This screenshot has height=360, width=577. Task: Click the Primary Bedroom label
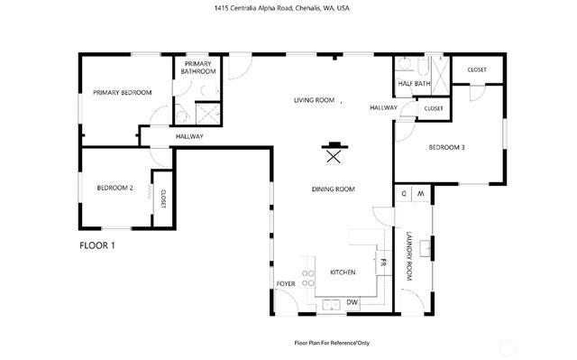121,92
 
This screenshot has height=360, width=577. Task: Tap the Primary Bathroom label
197,68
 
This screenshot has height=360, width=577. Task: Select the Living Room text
314,100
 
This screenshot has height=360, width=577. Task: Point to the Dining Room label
333,189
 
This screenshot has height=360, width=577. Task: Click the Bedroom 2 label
115,188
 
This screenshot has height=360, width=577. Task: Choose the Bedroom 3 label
446,147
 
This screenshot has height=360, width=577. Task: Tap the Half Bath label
414,84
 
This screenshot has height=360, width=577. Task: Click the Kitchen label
342,272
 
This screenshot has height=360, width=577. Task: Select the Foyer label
286,283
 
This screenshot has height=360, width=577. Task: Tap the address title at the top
288,8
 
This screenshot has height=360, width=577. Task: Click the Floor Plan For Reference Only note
331,343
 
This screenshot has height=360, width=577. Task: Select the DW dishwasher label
352,301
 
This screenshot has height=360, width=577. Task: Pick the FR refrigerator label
382,263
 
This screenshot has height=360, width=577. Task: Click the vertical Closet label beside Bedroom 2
163,198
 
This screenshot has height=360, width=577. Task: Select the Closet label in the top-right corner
477,69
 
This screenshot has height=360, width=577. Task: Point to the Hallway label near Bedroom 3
383,107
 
